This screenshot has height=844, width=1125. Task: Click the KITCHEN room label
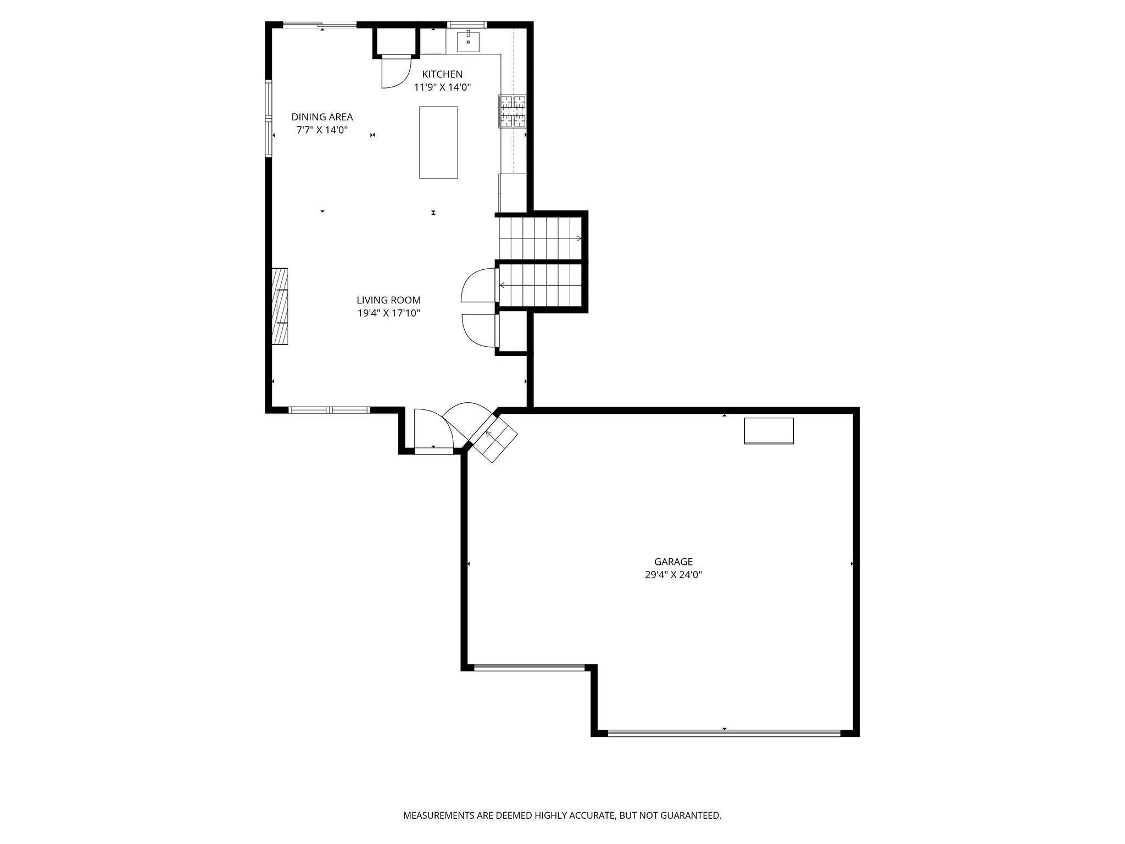[442, 74]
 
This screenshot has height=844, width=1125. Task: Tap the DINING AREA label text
[322, 117]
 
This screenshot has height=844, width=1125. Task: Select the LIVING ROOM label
[388, 300]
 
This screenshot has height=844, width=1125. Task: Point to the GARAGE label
[673, 562]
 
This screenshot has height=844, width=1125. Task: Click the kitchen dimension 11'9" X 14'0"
[442, 87]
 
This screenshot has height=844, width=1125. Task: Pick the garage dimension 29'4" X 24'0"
[673, 575]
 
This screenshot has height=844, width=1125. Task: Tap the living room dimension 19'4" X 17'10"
[388, 313]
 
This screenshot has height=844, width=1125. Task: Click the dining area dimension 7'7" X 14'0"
[322, 130]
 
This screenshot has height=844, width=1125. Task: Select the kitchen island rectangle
[438, 142]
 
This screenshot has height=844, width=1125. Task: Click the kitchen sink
[468, 41]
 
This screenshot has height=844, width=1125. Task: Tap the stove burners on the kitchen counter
[512, 112]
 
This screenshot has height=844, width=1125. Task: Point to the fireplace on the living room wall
[280, 306]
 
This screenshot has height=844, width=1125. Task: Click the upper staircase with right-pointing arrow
[539, 238]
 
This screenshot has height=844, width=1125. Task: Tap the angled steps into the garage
[494, 438]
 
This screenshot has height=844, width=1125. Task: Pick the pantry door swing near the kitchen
[395, 73]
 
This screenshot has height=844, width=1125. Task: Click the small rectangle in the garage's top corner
[768, 431]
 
